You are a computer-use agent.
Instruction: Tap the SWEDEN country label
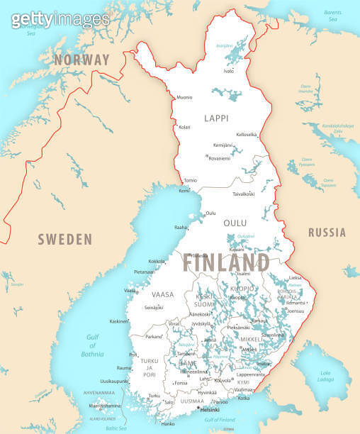click(x=65, y=238)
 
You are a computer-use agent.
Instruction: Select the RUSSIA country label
click(x=327, y=233)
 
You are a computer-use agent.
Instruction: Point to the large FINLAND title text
click(x=226, y=262)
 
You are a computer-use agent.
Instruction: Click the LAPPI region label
click(x=217, y=118)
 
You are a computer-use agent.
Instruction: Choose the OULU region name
click(x=235, y=223)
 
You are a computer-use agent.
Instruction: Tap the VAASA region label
click(x=162, y=294)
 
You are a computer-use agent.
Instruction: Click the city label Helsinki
click(x=210, y=410)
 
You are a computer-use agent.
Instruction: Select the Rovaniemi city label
click(x=220, y=157)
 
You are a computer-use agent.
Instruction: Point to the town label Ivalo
click(x=229, y=72)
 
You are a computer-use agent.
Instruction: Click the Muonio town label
click(x=184, y=97)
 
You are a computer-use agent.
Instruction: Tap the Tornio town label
click(x=190, y=180)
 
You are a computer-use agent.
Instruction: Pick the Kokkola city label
click(x=157, y=262)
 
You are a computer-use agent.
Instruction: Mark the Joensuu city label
click(x=296, y=311)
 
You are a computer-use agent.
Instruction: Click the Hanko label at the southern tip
click(x=168, y=423)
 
